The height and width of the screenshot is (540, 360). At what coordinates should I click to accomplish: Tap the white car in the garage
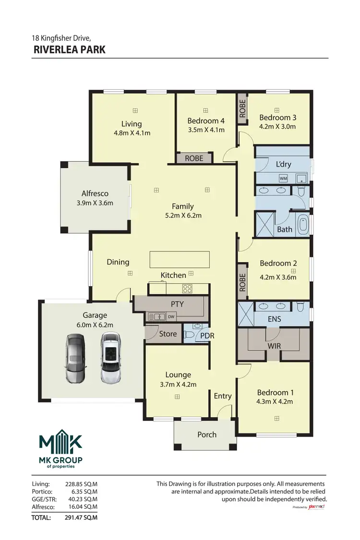(x=110, y=358)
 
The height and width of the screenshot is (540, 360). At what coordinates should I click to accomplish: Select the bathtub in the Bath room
(x=303, y=226)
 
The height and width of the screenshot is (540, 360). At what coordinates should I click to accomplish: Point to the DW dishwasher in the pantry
(x=171, y=316)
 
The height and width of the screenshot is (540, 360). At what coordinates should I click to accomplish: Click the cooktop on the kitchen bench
(x=187, y=289)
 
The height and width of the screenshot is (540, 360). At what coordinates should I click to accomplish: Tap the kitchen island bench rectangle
(x=180, y=259)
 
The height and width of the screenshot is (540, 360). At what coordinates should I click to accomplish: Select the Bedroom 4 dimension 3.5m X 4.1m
(x=205, y=130)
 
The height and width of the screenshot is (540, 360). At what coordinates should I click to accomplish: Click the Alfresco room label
(x=95, y=193)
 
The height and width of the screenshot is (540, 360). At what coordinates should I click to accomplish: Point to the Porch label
(x=207, y=434)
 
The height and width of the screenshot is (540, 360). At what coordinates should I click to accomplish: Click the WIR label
(x=274, y=346)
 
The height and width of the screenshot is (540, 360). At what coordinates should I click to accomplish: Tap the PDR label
(x=207, y=336)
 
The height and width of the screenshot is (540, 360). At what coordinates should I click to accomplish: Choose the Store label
(x=168, y=334)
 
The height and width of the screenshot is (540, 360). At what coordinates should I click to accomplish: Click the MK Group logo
(x=60, y=449)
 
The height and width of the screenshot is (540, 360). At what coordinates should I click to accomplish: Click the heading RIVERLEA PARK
(x=70, y=49)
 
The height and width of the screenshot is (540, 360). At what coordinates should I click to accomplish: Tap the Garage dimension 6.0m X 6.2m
(x=95, y=324)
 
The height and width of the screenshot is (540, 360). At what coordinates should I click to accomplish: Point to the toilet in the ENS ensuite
(x=300, y=306)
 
